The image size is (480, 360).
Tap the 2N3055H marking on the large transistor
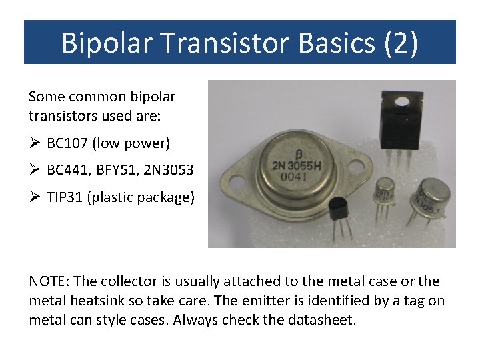pyautogui.click(x=297, y=165)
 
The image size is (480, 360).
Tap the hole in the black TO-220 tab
pyautogui.click(x=401, y=102)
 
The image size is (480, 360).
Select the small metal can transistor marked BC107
pyautogui.click(x=385, y=191)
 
